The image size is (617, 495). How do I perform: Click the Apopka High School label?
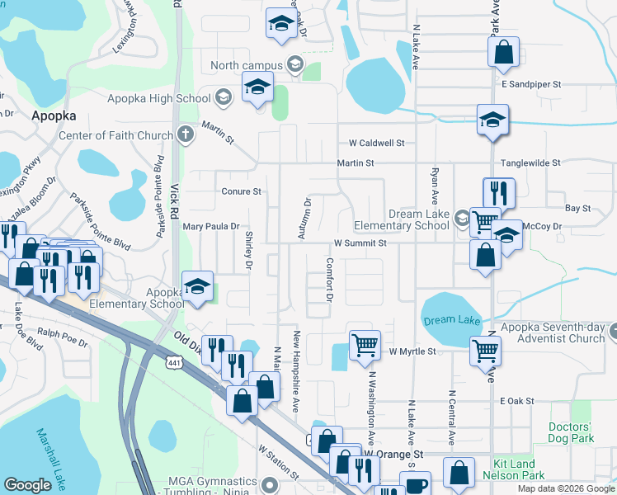[x=159, y=99]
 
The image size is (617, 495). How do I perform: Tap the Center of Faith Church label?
[x=115, y=135]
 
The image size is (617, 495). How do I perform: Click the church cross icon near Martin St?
[x=186, y=134]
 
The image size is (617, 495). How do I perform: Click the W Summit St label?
[x=360, y=243]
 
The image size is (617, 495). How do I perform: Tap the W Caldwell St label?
[x=376, y=143]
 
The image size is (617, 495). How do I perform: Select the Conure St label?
[x=241, y=191]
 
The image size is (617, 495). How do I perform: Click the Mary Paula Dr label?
[x=210, y=226]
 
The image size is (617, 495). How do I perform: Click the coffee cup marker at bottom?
[x=417, y=484]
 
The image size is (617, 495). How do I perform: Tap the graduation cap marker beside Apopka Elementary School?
[x=197, y=286]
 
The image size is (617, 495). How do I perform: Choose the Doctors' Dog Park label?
[x=571, y=432]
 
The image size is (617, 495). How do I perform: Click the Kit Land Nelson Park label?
[x=530, y=470]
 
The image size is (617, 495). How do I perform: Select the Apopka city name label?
[x=54, y=115]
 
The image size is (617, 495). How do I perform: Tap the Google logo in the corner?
[x=28, y=485]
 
